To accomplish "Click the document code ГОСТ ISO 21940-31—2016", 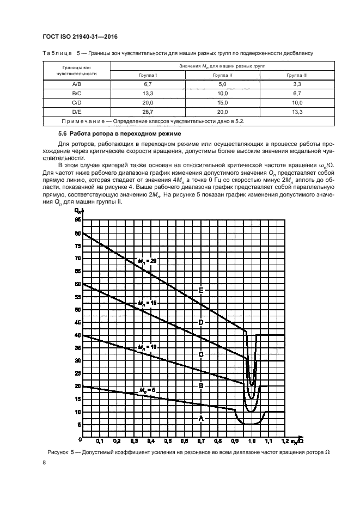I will pyautogui.click(x=80, y=37).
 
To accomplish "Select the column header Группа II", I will pyautogui.click(x=222, y=75).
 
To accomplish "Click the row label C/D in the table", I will pyautogui.click(x=77, y=102).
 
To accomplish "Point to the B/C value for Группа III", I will pyautogui.click(x=297, y=93).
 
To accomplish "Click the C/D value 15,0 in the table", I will pyautogui.click(x=222, y=102).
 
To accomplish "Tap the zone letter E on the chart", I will pyautogui.click(x=201, y=290).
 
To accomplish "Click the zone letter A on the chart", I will pyautogui.click(x=201, y=418).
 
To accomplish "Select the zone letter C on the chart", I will pyautogui.click(x=201, y=354).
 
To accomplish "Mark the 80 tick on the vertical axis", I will pyautogui.click(x=78, y=233).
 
